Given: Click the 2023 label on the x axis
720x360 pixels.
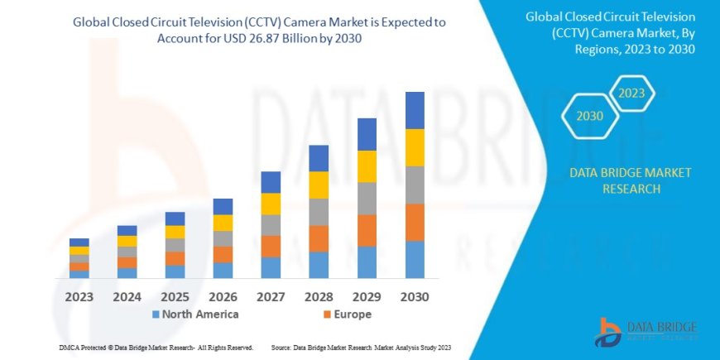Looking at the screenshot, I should click(x=79, y=295).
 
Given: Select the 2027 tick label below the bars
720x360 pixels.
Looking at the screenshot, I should click(x=271, y=295).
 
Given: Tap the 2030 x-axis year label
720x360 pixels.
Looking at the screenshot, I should click(x=415, y=295).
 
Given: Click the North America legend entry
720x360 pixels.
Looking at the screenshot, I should click(x=195, y=314).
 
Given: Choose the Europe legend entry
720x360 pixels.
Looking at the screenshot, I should click(x=347, y=314).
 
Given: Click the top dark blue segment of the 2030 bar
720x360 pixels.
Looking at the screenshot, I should click(x=415, y=110).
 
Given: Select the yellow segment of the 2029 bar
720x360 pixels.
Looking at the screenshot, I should click(x=367, y=166).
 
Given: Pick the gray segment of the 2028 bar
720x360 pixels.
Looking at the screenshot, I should click(x=319, y=212).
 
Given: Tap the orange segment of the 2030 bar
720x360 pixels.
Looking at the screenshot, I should click(x=415, y=222).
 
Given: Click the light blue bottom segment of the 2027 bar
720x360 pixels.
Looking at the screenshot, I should click(x=271, y=267).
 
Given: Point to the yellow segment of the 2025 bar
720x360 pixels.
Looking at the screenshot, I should click(x=175, y=232).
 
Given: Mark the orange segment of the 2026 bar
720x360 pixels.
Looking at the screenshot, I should click(x=223, y=254).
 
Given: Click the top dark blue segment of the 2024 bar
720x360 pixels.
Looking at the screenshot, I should click(x=127, y=230).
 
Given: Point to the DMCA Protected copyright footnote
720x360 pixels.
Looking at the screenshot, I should click(x=156, y=348).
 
